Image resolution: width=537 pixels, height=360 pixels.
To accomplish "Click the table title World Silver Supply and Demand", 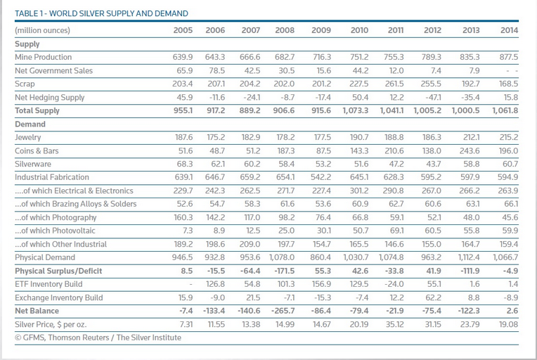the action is click(101, 13).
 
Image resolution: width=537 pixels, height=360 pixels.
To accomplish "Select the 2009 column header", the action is click(321, 30).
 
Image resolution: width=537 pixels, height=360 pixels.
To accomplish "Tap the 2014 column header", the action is click(509, 30).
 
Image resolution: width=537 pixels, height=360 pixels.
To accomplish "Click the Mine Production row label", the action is click(43, 57).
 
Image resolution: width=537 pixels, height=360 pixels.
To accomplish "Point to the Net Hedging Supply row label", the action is click(50, 97).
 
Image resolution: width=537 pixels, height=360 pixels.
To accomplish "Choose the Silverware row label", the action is click(33, 164).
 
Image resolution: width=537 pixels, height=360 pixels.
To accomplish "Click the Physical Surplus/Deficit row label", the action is click(58, 271).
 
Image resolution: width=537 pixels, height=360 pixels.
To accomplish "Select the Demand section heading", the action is click(30, 124).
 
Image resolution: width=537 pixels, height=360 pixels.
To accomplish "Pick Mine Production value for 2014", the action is click(509, 57).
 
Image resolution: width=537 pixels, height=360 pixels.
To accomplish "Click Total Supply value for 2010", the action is click(355, 110).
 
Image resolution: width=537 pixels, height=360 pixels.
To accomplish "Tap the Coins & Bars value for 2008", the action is click(285, 150).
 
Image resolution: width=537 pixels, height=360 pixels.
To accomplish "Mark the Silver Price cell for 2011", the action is click(394, 324).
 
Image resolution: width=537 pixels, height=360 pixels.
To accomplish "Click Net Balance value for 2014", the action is click(512, 311).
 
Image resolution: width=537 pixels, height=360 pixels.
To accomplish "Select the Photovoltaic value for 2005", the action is click(188, 231).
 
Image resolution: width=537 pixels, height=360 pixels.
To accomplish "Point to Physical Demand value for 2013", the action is click(469, 257).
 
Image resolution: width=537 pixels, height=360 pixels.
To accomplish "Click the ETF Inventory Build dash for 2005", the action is click(190, 284).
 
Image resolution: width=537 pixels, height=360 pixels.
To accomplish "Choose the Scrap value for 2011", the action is click(394, 84).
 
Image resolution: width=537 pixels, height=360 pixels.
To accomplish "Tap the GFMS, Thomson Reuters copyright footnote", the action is click(98, 337).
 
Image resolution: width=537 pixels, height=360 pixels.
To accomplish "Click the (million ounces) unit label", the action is click(42, 30).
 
